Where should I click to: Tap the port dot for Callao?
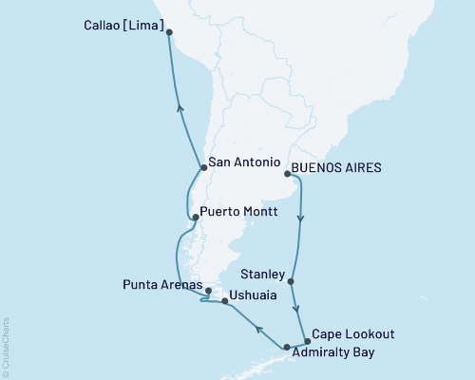click(169, 31)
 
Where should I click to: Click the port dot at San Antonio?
click(203, 168)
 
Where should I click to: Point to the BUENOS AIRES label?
click(336, 167)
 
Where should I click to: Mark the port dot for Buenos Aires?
click(287, 174)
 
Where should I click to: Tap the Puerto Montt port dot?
click(196, 218)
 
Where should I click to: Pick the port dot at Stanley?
click(292, 281)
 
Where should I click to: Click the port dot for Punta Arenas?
click(206, 289)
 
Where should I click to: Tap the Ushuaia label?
click(255, 295)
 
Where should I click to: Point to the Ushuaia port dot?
click(224, 301)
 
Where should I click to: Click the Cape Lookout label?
click(353, 334)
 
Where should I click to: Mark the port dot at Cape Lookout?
click(306, 341)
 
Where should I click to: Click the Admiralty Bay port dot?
click(287, 348)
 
